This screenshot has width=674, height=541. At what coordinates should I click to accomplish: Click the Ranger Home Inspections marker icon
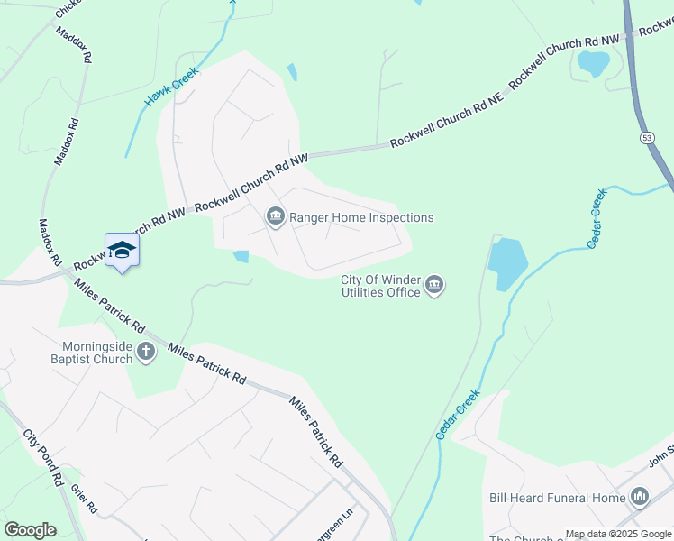coord(275,217)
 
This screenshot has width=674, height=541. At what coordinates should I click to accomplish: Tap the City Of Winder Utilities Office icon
coord(434,286)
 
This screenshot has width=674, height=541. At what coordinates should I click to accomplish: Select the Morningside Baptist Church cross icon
coord(146,353)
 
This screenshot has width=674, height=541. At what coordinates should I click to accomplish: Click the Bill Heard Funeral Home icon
coord(641,497)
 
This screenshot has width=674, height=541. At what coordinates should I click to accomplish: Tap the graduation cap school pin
coord(122,252)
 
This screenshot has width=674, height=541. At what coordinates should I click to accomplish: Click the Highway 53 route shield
coord(647,137)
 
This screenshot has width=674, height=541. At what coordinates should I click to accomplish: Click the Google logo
coord(30,530)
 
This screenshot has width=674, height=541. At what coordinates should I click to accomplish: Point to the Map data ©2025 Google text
coord(618,534)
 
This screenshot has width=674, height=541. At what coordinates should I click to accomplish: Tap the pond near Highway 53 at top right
coord(593,63)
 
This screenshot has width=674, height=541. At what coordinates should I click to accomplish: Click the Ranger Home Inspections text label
coord(361,217)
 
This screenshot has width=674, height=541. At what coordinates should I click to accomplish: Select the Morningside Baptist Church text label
coord(98,353)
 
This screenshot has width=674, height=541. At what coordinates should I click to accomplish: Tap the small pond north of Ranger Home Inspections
coord(292,71)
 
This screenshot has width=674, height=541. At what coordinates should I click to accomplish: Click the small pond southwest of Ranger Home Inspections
coord(241,256)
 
